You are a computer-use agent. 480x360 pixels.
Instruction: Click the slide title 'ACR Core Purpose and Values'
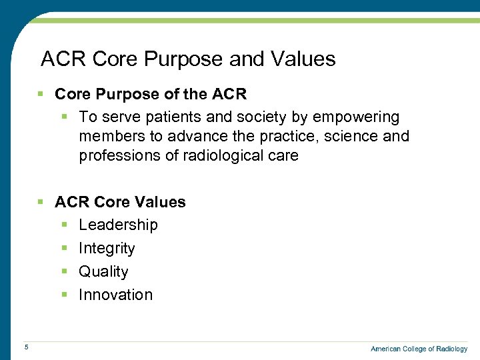click(x=188, y=59)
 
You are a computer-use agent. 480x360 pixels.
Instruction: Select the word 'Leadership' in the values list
click(x=118, y=225)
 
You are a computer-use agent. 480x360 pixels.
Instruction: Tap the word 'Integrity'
click(x=107, y=249)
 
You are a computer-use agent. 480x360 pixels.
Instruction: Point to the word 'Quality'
click(x=103, y=272)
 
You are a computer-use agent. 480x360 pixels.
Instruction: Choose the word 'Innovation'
click(x=115, y=295)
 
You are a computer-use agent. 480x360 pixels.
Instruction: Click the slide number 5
click(x=25, y=347)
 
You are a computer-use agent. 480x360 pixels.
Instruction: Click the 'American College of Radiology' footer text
click(x=419, y=349)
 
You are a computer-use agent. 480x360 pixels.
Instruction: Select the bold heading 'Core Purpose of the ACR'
click(x=151, y=95)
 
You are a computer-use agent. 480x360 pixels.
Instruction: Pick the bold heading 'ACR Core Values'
click(x=120, y=202)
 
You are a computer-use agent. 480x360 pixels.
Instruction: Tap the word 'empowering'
click(x=356, y=118)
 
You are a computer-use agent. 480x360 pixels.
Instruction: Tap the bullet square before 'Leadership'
click(x=65, y=225)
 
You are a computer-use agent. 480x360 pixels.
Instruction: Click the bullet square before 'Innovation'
click(x=65, y=295)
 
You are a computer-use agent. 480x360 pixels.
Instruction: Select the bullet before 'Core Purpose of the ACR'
click(x=41, y=95)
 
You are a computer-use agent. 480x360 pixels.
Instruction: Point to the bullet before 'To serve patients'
click(x=65, y=117)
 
